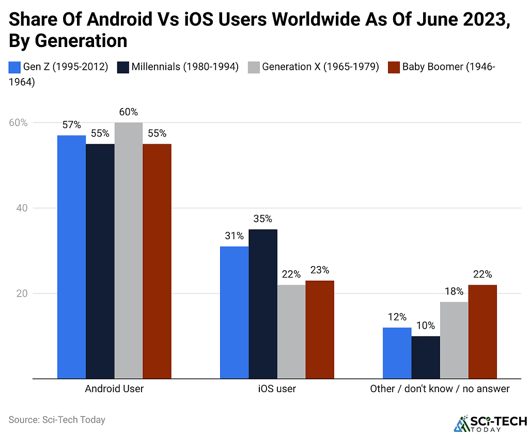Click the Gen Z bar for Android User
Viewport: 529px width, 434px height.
(x=71, y=257)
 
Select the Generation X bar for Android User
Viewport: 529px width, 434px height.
(x=128, y=251)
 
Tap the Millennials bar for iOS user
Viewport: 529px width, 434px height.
(x=263, y=304)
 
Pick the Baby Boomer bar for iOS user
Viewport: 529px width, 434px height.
(x=320, y=330)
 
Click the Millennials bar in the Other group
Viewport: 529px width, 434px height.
(x=426, y=357)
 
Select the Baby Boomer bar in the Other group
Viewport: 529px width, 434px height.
(x=483, y=332)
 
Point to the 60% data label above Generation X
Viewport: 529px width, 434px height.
(x=128, y=112)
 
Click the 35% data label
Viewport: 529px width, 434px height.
(x=263, y=219)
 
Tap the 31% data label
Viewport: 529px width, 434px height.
(x=234, y=236)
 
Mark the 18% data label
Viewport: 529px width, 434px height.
(x=454, y=291)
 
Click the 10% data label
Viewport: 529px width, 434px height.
(x=425, y=326)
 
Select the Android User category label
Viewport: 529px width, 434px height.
(x=114, y=389)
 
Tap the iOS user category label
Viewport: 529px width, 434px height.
(x=277, y=389)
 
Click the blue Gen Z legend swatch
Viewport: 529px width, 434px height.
(x=14, y=67)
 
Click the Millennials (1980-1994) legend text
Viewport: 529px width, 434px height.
(x=184, y=67)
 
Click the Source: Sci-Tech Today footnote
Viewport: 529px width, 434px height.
(x=57, y=420)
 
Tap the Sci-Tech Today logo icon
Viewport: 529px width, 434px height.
(x=459, y=423)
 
